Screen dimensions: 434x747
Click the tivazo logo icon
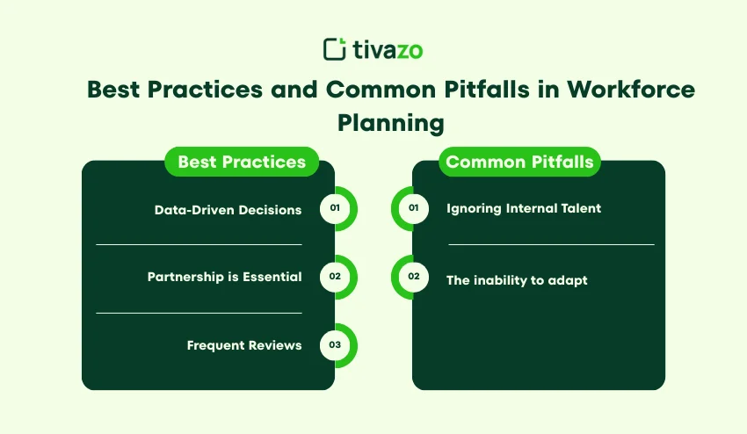click(x=335, y=48)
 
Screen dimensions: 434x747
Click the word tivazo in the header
click(x=387, y=49)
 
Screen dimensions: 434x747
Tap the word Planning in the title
click(x=391, y=122)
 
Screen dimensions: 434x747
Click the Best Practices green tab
click(x=242, y=162)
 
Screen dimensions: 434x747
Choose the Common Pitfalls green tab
click(x=519, y=162)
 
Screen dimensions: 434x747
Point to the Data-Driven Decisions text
click(x=228, y=210)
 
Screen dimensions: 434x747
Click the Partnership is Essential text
click(x=224, y=277)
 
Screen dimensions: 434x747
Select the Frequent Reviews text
click(x=244, y=345)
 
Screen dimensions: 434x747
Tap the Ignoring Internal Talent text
click(x=524, y=208)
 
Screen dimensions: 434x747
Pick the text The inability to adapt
click(x=517, y=280)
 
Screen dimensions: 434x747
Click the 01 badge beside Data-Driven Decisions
click(x=335, y=209)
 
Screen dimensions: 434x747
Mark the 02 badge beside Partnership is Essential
click(x=335, y=277)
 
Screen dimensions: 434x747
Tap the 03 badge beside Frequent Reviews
click(x=335, y=345)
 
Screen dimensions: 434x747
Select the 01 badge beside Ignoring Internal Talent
click(x=413, y=209)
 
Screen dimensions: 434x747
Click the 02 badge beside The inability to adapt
click(x=413, y=277)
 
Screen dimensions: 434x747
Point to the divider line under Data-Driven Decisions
click(x=199, y=244)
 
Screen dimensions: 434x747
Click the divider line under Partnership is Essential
click(x=199, y=312)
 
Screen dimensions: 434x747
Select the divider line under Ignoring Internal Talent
click(x=551, y=244)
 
